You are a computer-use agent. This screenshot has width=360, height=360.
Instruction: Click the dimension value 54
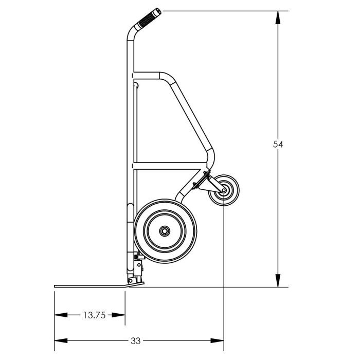[278, 144]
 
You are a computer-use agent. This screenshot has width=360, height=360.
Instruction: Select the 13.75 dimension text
[94, 315]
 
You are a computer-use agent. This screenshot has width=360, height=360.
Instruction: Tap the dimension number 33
[135, 341]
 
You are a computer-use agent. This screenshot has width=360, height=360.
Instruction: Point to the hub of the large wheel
[165, 231]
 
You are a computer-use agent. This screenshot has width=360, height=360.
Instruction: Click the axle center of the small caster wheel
[224, 190]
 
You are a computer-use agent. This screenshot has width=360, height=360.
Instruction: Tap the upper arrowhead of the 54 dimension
[278, 17]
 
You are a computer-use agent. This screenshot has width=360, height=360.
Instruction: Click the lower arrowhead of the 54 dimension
[278, 281]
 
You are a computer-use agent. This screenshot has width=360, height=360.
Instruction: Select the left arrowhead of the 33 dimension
[61, 340]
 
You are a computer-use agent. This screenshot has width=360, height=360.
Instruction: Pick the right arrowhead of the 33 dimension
[217, 340]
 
